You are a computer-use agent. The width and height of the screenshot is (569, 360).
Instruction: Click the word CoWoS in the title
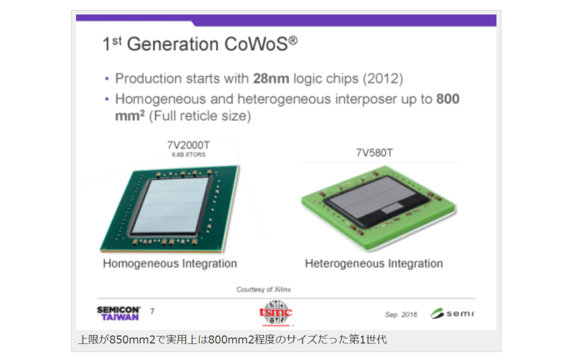(256, 44)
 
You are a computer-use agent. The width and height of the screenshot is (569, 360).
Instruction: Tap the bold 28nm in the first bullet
(271, 78)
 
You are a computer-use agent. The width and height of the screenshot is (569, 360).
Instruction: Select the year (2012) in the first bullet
(383, 79)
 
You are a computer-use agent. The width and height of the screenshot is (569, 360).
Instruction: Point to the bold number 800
(448, 98)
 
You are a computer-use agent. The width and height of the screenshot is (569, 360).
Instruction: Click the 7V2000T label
(189, 145)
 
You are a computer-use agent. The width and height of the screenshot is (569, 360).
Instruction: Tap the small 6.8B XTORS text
(189, 155)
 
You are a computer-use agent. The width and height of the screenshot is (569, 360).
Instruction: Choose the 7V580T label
(374, 153)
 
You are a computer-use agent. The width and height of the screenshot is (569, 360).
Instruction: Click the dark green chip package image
(170, 209)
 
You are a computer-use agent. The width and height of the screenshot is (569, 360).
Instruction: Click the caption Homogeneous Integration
(170, 264)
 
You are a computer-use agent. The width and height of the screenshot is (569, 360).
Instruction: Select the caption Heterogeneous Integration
(374, 264)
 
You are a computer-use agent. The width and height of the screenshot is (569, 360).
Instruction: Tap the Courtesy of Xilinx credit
(264, 289)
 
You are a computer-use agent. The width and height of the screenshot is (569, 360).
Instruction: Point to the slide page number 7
(152, 312)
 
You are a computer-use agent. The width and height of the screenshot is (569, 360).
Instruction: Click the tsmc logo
(276, 313)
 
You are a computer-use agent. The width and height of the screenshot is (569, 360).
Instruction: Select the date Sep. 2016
(401, 314)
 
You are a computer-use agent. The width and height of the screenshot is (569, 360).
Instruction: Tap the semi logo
(453, 313)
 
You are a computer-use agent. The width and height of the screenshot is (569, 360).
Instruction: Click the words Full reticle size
(200, 116)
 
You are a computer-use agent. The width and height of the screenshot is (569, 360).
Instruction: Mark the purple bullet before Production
(107, 78)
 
